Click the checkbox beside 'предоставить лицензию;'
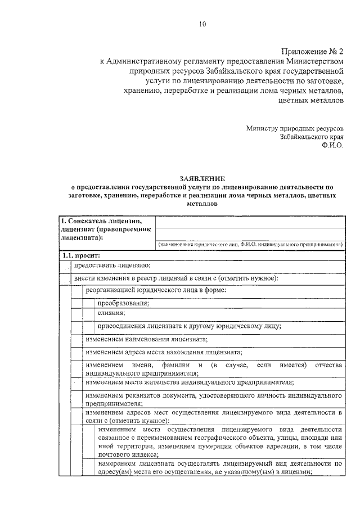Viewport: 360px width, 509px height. [x=66, y=265]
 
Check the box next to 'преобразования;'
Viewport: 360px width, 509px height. [x=89, y=303]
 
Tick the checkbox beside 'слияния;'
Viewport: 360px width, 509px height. [x=89, y=313]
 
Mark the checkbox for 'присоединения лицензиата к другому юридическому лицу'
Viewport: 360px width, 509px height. [x=89, y=326]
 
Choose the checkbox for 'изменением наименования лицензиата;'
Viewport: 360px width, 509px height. [x=77, y=339]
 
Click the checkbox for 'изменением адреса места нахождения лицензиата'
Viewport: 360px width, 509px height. [x=77, y=353]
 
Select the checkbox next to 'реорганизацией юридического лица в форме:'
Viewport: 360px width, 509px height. [x=77, y=290]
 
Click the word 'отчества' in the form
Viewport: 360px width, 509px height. [x=328, y=366]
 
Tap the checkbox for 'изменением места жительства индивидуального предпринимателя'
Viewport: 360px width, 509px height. [x=77, y=382]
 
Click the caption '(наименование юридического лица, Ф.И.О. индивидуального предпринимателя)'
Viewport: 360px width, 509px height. [x=250, y=245]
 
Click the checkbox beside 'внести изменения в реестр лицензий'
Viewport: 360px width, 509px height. [x=66, y=278]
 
